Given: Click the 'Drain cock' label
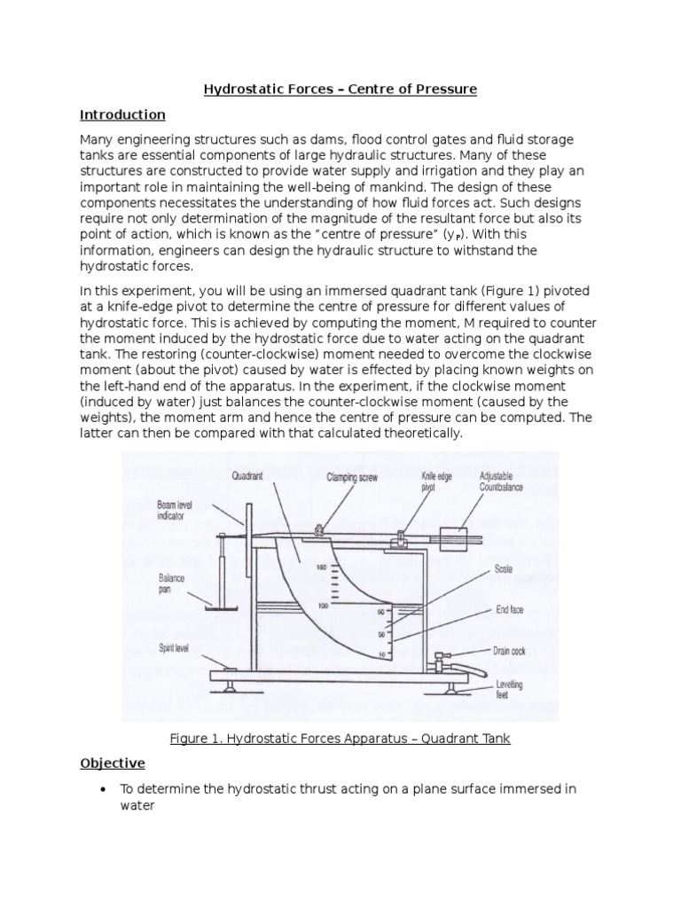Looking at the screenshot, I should pos(509,650).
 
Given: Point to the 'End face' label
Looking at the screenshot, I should pos(508,611).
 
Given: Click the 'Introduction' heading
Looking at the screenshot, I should pos(122,114).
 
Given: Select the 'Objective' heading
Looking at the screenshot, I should pos(113,763).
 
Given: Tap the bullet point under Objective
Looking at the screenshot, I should pos(106,789).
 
